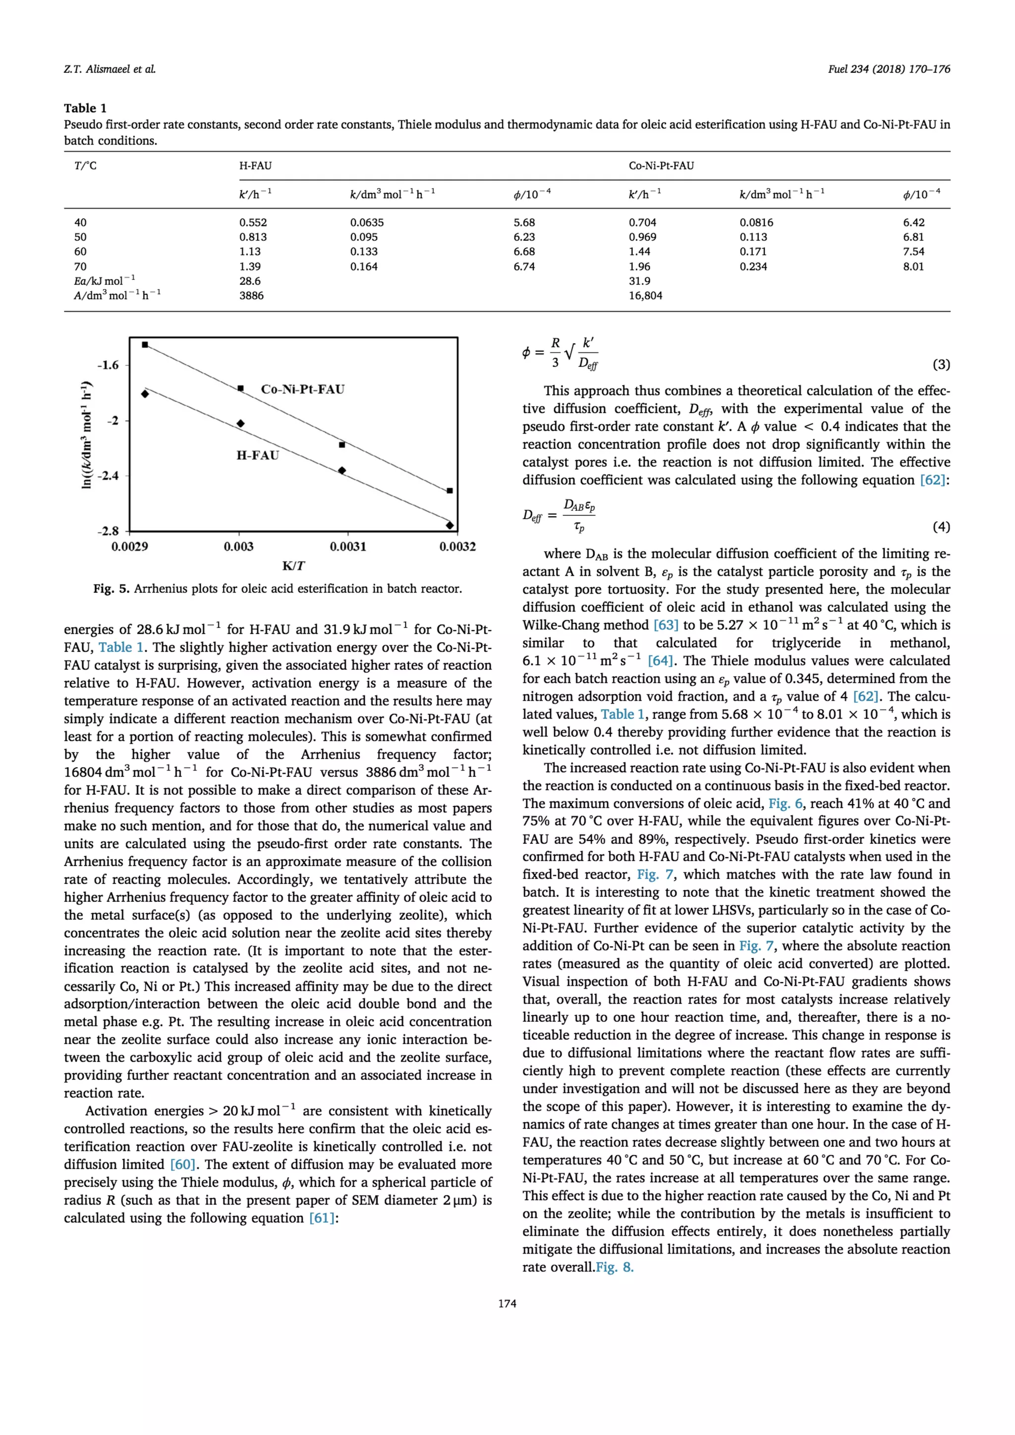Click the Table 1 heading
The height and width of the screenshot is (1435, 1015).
(x=85, y=108)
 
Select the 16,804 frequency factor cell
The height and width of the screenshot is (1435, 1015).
(x=645, y=296)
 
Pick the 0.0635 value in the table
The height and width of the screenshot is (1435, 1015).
(x=366, y=222)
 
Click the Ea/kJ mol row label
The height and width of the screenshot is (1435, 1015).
(x=105, y=281)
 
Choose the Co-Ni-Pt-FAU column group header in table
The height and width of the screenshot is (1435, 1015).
(x=661, y=166)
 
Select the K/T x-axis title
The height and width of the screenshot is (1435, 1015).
(x=293, y=566)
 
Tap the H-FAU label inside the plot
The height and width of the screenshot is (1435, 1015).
(x=258, y=455)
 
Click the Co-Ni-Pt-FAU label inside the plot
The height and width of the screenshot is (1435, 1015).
(x=302, y=389)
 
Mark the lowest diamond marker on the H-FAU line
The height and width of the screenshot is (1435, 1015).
(x=450, y=525)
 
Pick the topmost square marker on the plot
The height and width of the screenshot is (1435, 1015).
(x=145, y=345)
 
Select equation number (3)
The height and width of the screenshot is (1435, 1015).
(x=941, y=364)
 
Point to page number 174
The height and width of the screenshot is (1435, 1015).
(x=507, y=1304)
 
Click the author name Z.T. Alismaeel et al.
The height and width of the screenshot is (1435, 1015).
(x=110, y=69)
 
